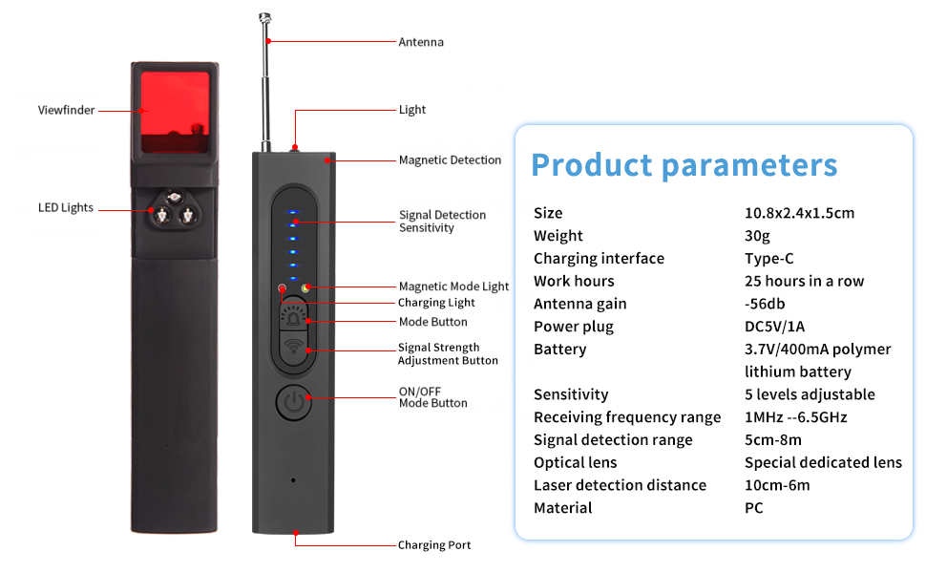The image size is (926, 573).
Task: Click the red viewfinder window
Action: [175, 110]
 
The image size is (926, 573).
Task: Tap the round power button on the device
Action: [294, 402]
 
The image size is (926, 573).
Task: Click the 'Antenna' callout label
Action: [421, 42]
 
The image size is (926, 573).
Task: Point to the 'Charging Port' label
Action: [434, 545]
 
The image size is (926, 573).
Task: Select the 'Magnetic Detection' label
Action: [450, 160]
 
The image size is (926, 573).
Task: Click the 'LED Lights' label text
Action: [66, 207]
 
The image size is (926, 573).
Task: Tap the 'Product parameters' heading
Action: [684, 164]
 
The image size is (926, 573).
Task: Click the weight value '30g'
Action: [757, 236]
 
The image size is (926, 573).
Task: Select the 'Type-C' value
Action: [768, 259]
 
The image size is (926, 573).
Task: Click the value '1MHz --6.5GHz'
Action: [795, 417]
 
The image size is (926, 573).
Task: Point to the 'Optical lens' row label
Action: [575, 462]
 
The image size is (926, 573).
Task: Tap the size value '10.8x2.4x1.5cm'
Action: [799, 213]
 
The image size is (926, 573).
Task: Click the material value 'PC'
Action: [753, 508]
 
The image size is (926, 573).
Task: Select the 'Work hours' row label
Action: [574, 281]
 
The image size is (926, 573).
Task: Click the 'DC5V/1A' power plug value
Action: [774, 327]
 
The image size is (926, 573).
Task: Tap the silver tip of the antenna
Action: [263, 16]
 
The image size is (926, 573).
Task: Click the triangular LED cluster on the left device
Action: [173, 209]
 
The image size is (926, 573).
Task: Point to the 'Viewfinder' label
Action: [67, 110]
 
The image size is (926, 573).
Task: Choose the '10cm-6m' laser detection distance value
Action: [777, 485]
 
